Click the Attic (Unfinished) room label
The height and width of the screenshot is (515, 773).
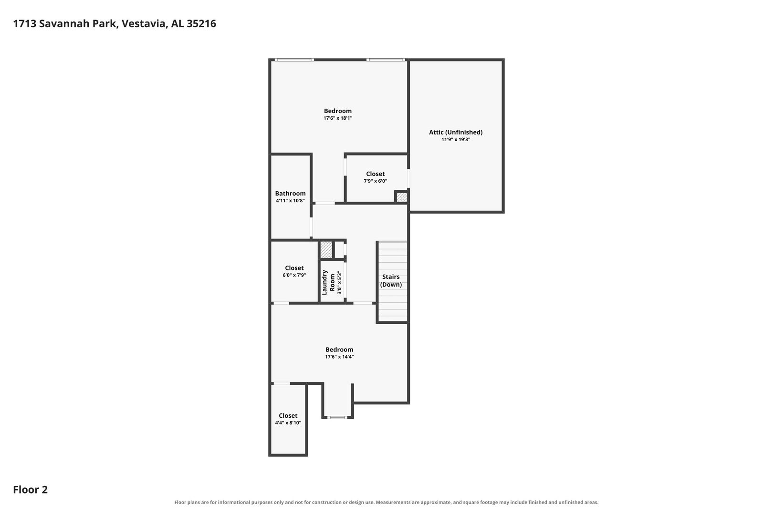(456, 133)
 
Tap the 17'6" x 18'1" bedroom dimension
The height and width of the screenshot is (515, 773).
(338, 118)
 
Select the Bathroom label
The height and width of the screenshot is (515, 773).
(290, 194)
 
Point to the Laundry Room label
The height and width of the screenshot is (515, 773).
(328, 282)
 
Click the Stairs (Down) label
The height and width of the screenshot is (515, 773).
(391, 281)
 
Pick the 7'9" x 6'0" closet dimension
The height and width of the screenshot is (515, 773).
(376, 181)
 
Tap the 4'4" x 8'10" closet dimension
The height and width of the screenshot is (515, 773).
(288, 423)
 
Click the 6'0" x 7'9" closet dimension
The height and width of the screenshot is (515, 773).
(294, 275)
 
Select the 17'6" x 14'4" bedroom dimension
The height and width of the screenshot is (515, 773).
(339, 357)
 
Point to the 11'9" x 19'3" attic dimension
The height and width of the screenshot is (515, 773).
(456, 140)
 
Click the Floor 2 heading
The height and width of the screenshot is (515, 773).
(31, 490)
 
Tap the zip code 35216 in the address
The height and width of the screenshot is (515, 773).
(201, 23)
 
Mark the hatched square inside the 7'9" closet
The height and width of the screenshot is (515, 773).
(402, 197)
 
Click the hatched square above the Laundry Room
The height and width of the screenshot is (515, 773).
(326, 250)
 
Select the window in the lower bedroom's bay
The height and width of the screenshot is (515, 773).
(337, 418)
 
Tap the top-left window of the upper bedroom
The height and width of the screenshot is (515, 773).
(294, 60)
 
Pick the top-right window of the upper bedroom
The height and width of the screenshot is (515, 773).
(386, 60)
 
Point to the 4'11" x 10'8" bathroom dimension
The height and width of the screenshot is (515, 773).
(290, 201)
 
